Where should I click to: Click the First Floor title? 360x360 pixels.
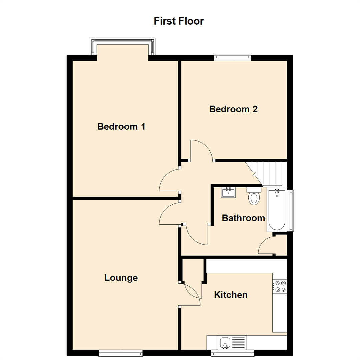pyautogui.click(x=178, y=21)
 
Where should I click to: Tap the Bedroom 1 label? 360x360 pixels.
pyautogui.click(x=121, y=127)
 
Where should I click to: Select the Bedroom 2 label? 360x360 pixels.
pyautogui.click(x=233, y=109)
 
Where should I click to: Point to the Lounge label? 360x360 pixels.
pyautogui.click(x=121, y=278)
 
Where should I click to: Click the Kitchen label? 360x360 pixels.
pyautogui.click(x=231, y=295)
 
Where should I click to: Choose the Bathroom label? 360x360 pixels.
pyautogui.click(x=243, y=218)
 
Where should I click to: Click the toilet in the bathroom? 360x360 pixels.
pyautogui.click(x=254, y=196)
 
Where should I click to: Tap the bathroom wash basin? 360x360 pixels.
pyautogui.click(x=228, y=192)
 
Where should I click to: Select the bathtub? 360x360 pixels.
pyautogui.click(x=276, y=210)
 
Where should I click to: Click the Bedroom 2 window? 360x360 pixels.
pyautogui.click(x=232, y=57)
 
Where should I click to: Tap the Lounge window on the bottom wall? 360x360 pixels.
pyautogui.click(x=120, y=353)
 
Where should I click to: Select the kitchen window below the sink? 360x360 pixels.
pyautogui.click(x=233, y=353)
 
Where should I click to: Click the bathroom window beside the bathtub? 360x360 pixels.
pyautogui.click(x=292, y=211)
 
